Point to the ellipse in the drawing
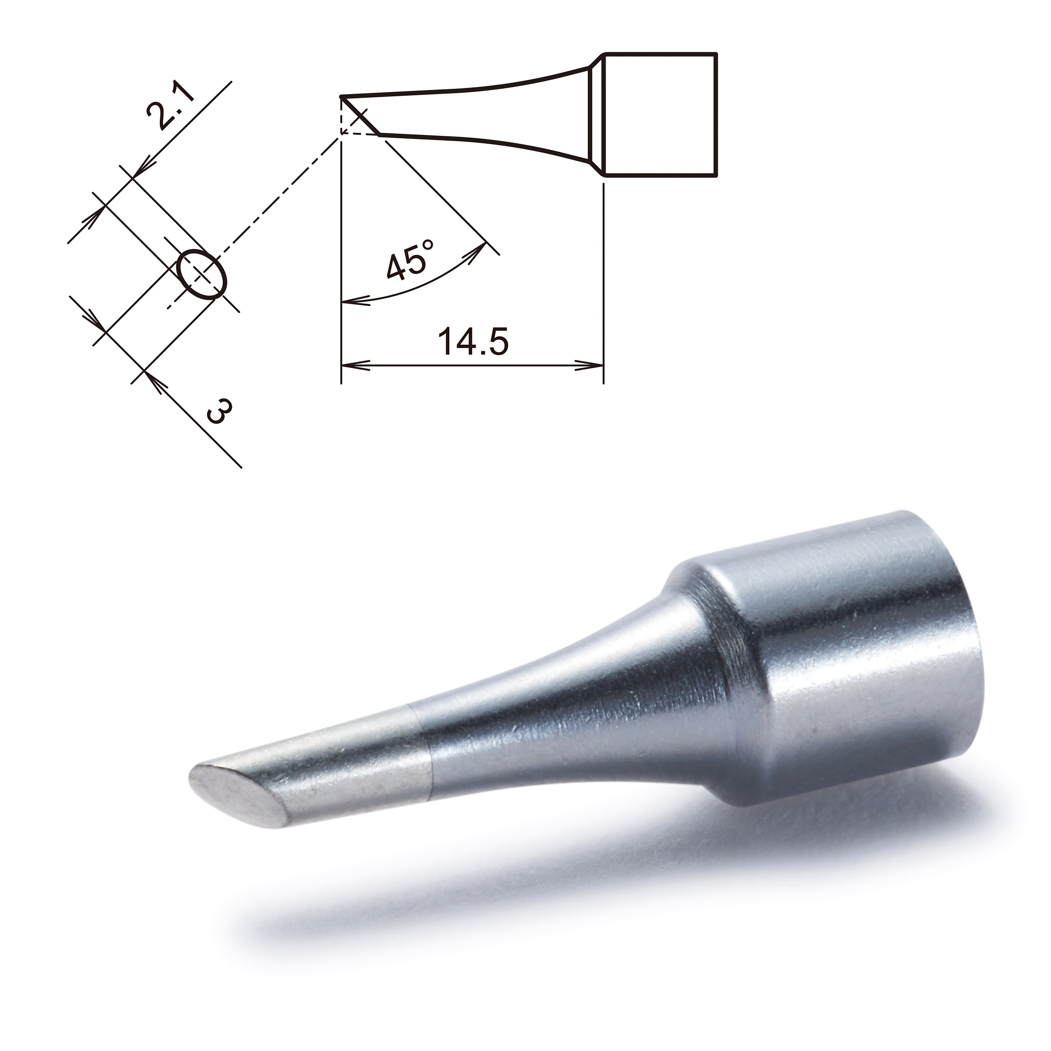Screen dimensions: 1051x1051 click(x=202, y=274)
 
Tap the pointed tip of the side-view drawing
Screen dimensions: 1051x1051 click(x=342, y=98)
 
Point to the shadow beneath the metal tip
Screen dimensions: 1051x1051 click(x=490, y=892)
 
